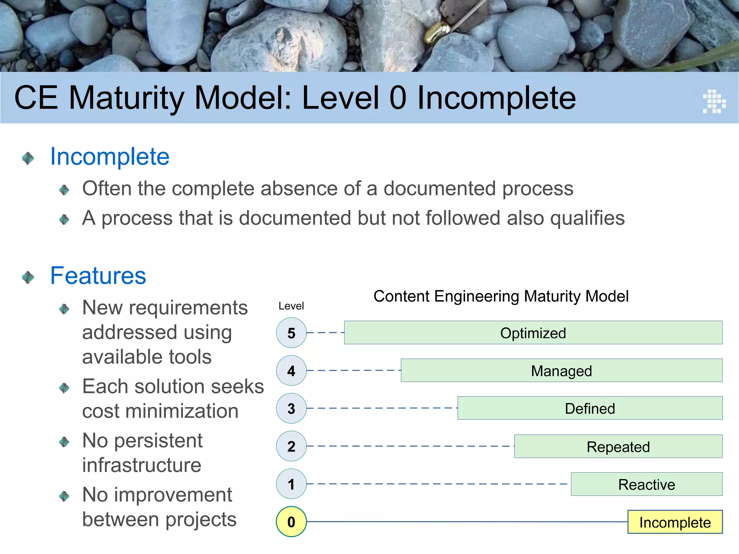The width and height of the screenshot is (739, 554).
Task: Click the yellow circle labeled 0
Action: [x=291, y=522]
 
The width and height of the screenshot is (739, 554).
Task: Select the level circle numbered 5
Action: [x=291, y=333]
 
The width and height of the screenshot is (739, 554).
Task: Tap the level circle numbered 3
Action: [x=291, y=408]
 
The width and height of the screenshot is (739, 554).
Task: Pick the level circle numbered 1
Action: [x=291, y=484]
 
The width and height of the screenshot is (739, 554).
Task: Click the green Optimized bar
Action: [x=533, y=333]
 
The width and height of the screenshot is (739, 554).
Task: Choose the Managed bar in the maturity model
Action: [x=561, y=370]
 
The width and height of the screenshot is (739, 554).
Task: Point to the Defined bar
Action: [x=590, y=408]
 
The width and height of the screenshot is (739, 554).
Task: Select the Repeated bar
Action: [x=618, y=446]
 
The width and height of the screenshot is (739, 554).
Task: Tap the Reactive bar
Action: [x=646, y=484]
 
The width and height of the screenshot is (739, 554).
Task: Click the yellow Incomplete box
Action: [x=675, y=522]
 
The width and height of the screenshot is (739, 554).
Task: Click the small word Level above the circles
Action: [x=291, y=306]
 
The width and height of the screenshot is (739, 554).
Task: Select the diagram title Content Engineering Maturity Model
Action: [x=501, y=296]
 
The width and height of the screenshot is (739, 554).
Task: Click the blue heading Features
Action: [x=98, y=276]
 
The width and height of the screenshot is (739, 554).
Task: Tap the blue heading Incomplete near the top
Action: [x=110, y=157]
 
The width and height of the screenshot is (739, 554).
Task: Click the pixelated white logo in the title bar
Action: [x=714, y=101]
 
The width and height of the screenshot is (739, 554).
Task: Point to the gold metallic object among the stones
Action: [x=434, y=32]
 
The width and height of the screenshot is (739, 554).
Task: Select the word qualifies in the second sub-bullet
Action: [x=587, y=218]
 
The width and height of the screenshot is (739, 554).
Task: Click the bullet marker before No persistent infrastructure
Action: [x=64, y=441]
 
